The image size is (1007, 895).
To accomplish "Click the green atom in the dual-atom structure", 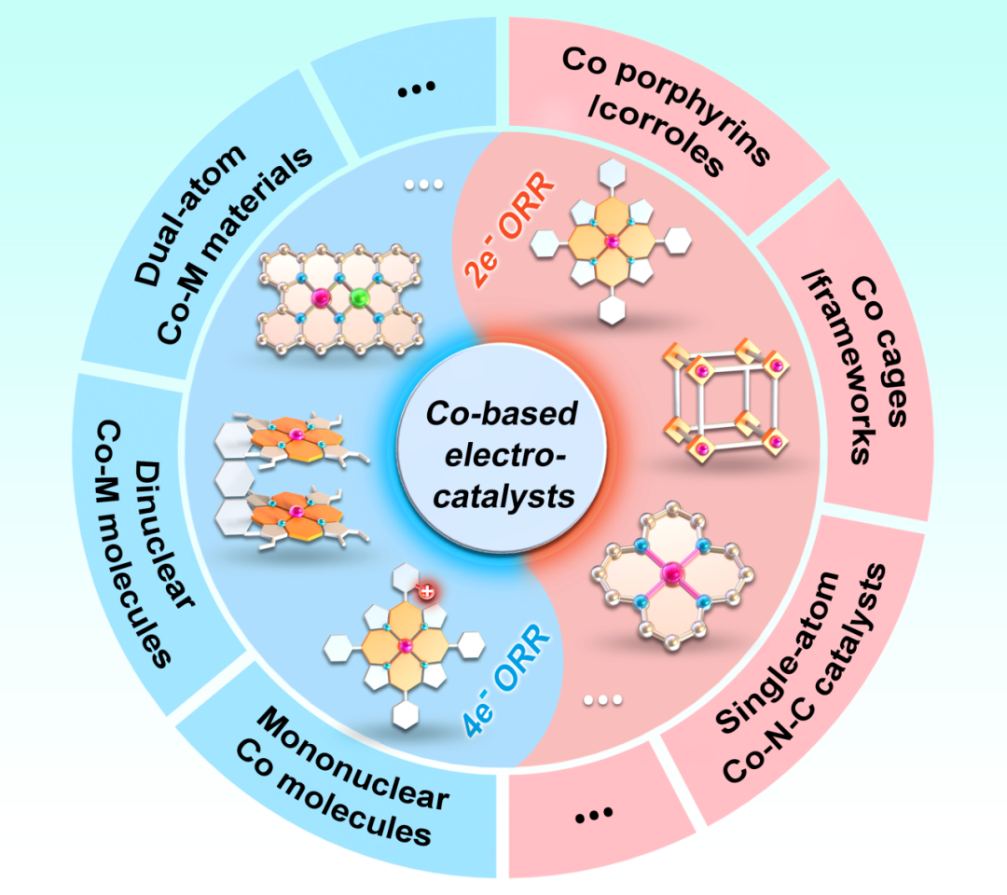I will point(362,299).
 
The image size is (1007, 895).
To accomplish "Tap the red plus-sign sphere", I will point(426,590).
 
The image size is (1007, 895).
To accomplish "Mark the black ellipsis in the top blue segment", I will point(417,89).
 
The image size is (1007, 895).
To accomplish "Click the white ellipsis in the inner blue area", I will point(423,185).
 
